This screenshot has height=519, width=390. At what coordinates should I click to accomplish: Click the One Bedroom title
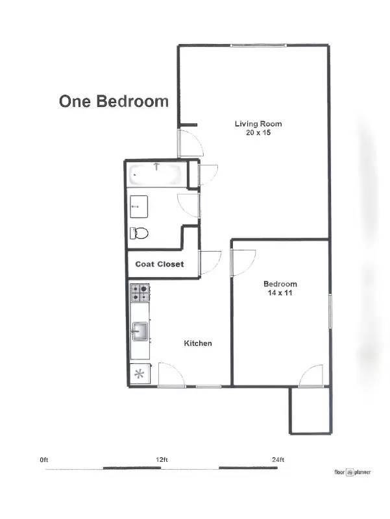click(x=114, y=101)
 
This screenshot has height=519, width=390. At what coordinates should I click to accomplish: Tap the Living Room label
click(x=258, y=123)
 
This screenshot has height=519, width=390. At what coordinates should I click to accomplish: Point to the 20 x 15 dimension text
click(x=258, y=132)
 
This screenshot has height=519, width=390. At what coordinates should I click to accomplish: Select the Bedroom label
click(x=280, y=284)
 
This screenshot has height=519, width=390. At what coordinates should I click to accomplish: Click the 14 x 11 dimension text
click(x=280, y=293)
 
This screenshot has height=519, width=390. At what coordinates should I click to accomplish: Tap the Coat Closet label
click(x=159, y=264)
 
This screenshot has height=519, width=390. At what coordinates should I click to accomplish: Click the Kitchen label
click(x=198, y=343)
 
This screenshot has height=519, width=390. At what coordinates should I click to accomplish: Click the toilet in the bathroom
click(x=140, y=232)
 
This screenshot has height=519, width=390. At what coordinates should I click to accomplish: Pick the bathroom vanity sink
click(x=139, y=206)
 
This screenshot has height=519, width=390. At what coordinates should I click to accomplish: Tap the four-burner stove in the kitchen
click(x=140, y=293)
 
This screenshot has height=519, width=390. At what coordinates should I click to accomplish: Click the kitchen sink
click(x=140, y=332)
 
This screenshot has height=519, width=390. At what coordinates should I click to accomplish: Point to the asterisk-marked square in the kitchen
click(x=140, y=374)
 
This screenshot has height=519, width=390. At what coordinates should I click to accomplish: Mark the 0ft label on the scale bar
click(x=44, y=459)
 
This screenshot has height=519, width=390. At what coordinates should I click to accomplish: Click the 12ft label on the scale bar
click(x=162, y=459)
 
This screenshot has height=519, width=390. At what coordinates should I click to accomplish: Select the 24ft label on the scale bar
click(x=278, y=459)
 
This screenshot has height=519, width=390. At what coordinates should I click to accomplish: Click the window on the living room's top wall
click(x=258, y=45)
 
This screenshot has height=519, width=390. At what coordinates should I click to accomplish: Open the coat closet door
click(x=210, y=262)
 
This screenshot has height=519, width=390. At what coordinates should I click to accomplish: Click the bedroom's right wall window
click(x=330, y=311)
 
